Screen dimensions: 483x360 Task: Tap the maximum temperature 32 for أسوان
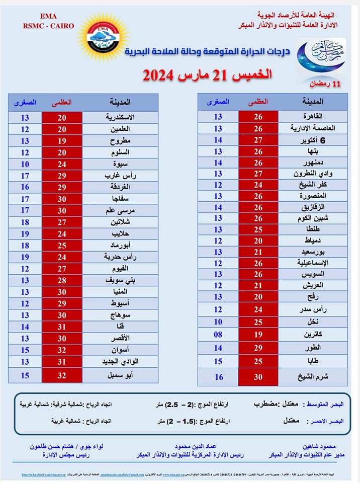62,350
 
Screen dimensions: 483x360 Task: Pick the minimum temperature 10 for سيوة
25,164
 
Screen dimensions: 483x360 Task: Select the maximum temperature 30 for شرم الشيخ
258,377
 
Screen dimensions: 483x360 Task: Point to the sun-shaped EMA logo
104,38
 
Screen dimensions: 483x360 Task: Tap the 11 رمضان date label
326,84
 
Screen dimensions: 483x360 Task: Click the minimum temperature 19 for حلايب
25,233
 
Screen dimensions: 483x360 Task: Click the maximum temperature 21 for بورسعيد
258,252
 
